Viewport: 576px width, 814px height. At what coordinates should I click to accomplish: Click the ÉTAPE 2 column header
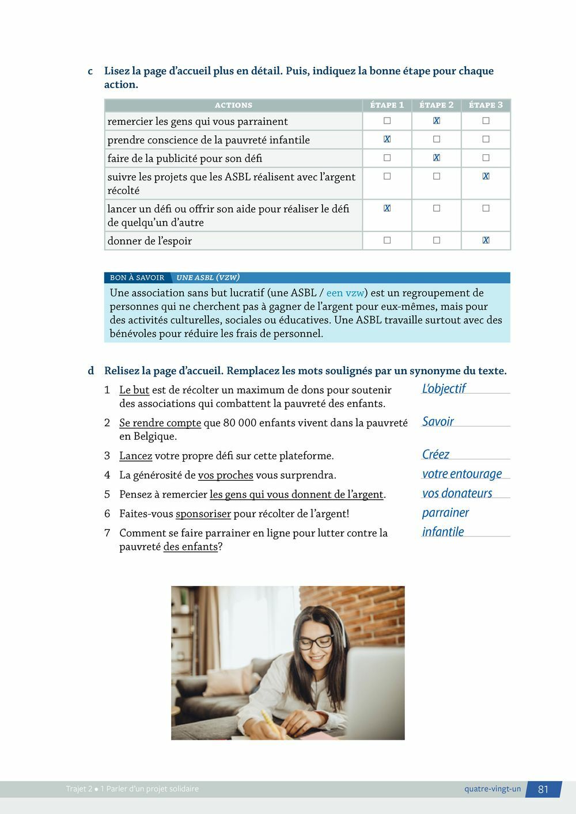click(436, 105)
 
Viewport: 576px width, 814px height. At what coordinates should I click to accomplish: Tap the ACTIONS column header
click(233, 105)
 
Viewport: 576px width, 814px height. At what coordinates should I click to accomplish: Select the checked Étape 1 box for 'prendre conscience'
click(387, 139)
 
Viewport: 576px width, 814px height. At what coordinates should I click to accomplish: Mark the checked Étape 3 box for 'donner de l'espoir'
click(486, 240)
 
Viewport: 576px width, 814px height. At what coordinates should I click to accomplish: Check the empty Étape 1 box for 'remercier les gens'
click(387, 121)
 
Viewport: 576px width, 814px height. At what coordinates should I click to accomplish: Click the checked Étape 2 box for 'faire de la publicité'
click(436, 158)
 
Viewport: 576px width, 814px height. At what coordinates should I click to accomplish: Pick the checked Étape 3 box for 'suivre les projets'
click(486, 176)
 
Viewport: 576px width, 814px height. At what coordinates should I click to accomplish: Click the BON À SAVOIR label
click(137, 277)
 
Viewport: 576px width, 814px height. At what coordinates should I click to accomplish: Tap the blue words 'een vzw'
click(345, 293)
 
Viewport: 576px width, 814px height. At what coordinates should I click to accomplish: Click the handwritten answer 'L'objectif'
click(444, 389)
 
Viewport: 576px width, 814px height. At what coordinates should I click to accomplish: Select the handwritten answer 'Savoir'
click(438, 421)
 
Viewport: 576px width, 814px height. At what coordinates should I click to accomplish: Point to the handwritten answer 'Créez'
click(435, 454)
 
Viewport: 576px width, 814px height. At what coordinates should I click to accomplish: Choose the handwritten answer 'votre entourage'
click(462, 474)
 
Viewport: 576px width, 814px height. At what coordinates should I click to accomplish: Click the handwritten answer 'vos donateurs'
click(457, 493)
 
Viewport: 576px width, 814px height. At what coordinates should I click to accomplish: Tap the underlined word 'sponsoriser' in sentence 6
click(203, 513)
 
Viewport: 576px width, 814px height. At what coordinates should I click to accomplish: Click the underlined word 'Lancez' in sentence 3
click(135, 456)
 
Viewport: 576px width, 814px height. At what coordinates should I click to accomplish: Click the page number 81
click(543, 789)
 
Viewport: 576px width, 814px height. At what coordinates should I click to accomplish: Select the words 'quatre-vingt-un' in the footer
click(492, 789)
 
